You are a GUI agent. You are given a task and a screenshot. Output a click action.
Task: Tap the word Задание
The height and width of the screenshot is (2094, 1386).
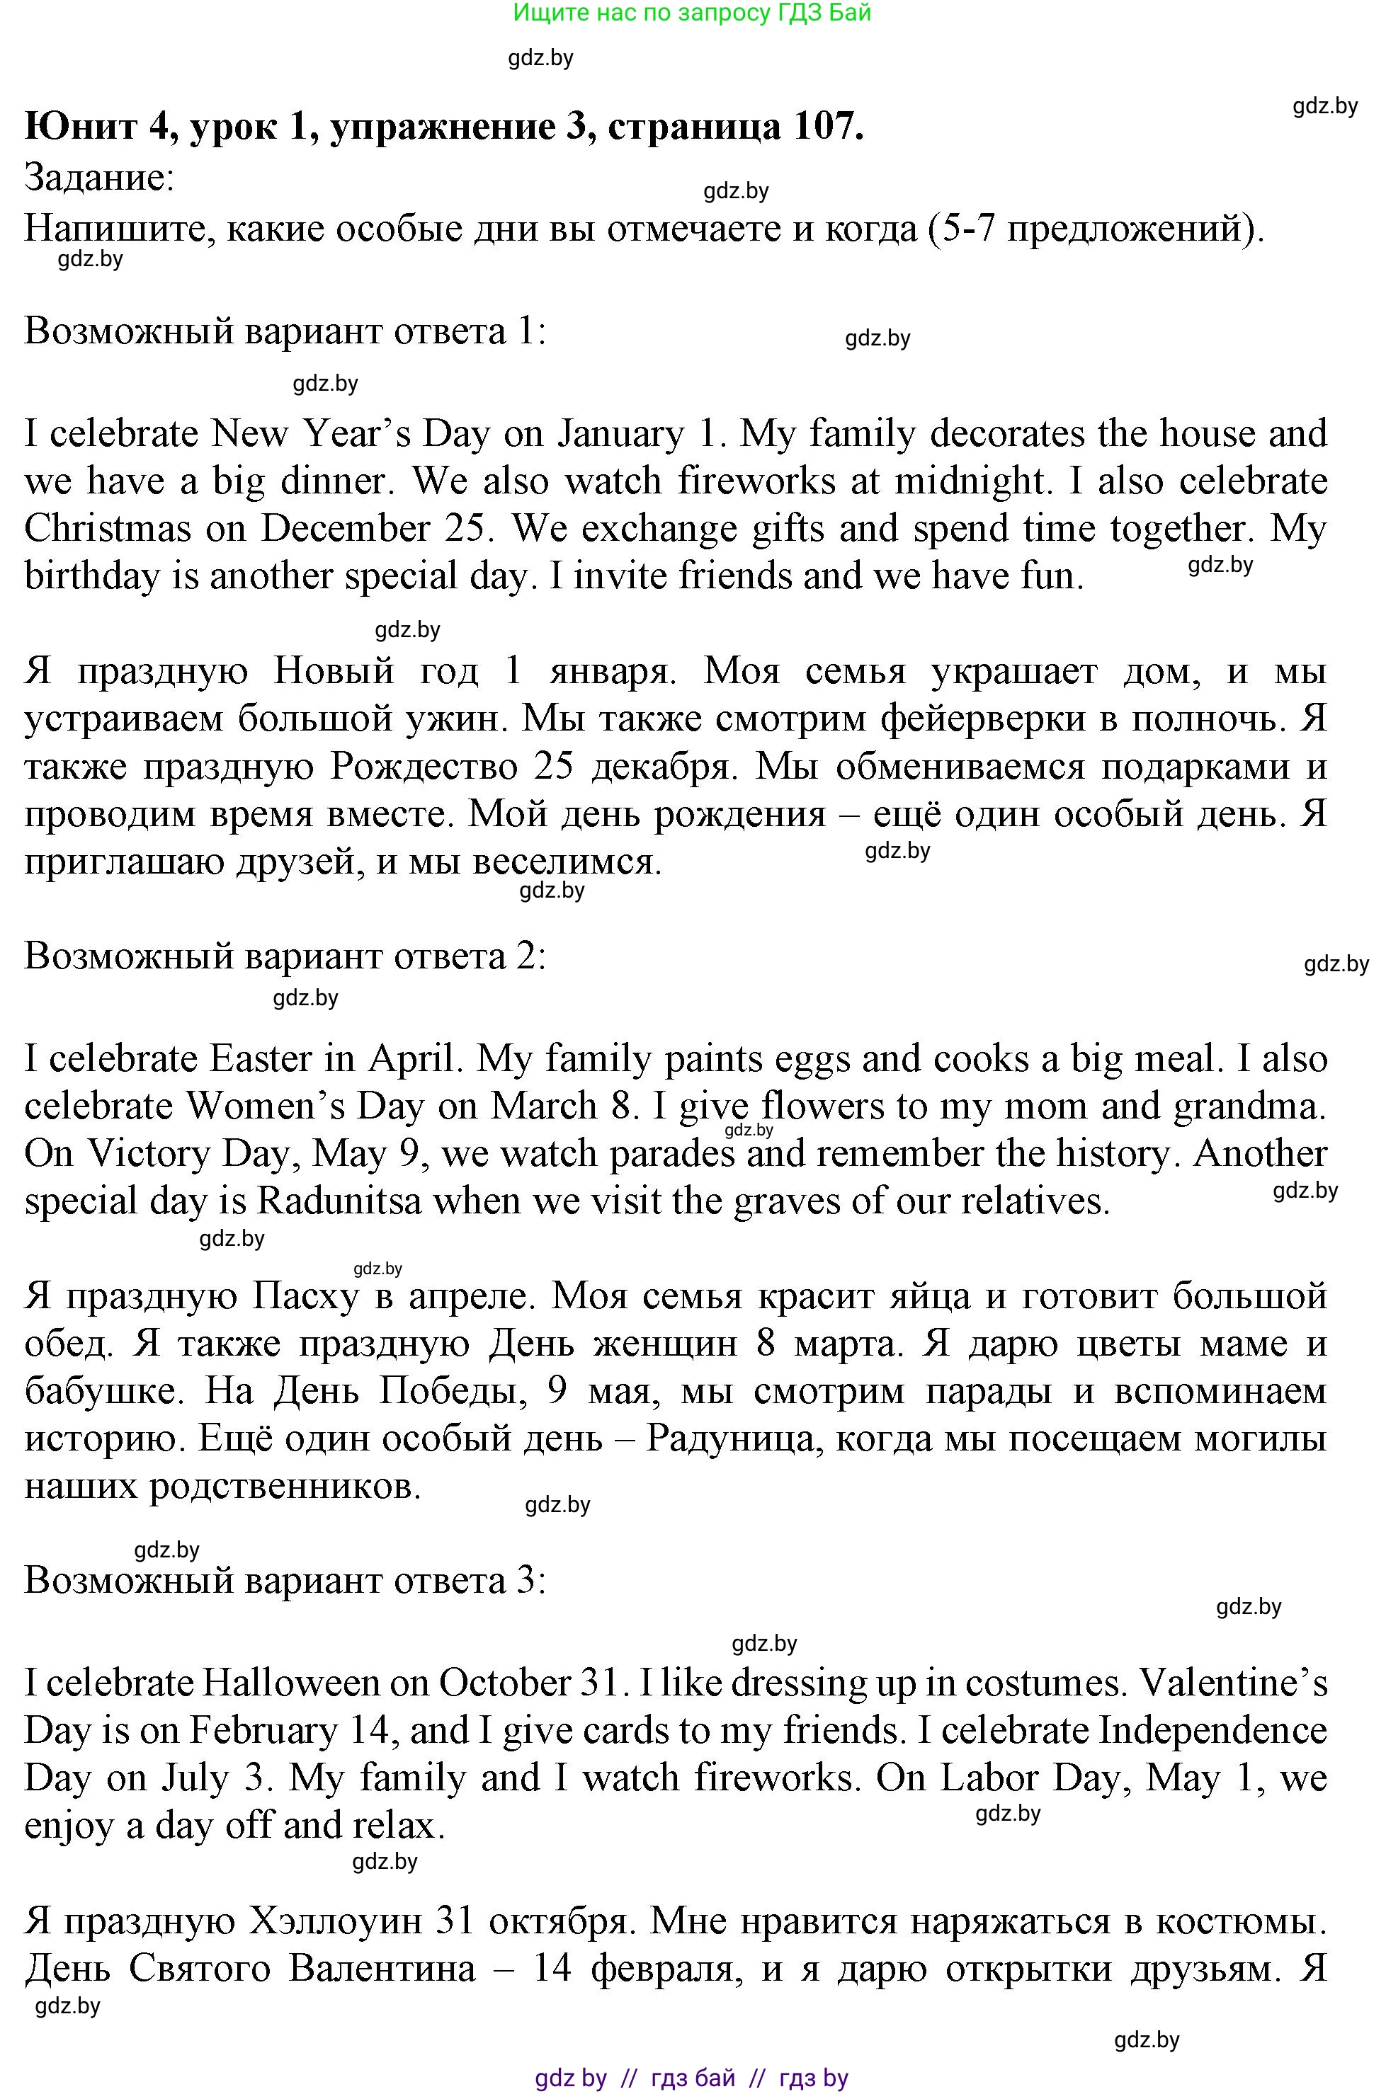coord(99,178)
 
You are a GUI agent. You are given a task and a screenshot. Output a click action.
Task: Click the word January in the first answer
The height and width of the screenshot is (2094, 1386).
coord(620,435)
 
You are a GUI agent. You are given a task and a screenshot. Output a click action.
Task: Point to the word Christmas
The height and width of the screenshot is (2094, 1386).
coord(107,528)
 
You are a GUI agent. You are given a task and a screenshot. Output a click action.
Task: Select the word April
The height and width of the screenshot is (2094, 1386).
coord(414,1058)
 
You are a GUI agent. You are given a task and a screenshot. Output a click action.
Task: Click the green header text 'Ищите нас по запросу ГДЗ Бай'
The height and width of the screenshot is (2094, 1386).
coord(692,12)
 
